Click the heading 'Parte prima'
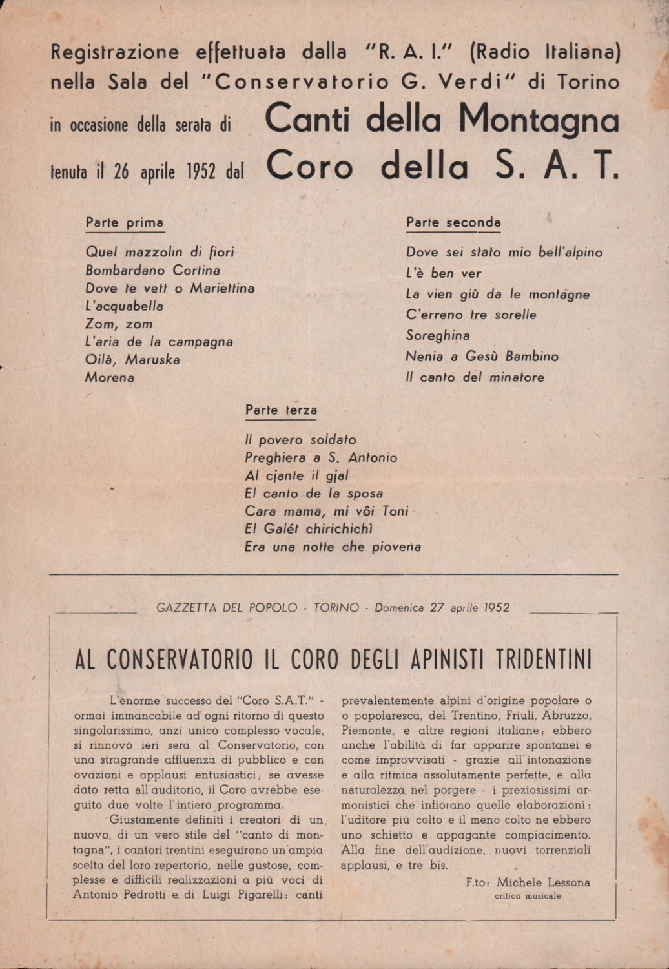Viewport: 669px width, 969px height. (125, 223)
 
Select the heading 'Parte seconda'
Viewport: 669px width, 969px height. (453, 222)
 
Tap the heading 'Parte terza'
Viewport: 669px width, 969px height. (281, 410)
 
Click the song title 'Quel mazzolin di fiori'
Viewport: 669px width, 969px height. (160, 252)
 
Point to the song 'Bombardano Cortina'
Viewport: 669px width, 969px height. (152, 270)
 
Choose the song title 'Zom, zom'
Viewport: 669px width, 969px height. (119, 324)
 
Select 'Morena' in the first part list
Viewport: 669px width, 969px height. (110, 377)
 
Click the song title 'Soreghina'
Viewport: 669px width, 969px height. (438, 335)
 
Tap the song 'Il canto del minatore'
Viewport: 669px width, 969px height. (475, 377)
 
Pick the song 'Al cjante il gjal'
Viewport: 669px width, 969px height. (296, 476)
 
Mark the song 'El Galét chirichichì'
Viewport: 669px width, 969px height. (309, 528)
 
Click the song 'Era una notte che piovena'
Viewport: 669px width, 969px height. (333, 547)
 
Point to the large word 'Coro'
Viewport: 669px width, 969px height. (309, 167)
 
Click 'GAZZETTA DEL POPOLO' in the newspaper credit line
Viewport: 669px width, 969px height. (227, 608)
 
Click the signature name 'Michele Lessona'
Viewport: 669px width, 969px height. (543, 882)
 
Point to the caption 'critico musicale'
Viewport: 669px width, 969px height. (528, 896)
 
